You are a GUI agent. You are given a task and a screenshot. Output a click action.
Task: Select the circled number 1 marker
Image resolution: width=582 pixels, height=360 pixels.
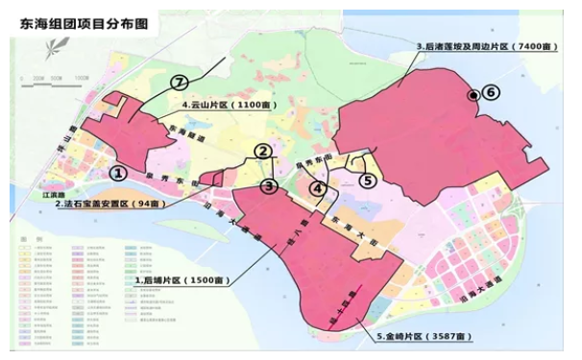(x=117, y=174)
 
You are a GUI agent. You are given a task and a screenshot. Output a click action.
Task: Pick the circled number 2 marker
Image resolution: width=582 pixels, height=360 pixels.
(x=261, y=151)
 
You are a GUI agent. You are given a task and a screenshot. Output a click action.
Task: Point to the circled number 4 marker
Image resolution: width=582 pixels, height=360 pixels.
(x=318, y=190)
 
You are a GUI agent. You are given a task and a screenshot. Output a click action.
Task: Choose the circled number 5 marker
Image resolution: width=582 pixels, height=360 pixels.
(x=366, y=178)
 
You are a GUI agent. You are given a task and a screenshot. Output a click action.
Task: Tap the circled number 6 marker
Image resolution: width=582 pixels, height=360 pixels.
(x=491, y=92)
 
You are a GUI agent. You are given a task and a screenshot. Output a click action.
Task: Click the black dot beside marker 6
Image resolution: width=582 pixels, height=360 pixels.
(x=472, y=95)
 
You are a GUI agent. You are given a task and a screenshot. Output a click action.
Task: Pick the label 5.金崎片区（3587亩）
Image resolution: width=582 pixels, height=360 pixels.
(x=425, y=337)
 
